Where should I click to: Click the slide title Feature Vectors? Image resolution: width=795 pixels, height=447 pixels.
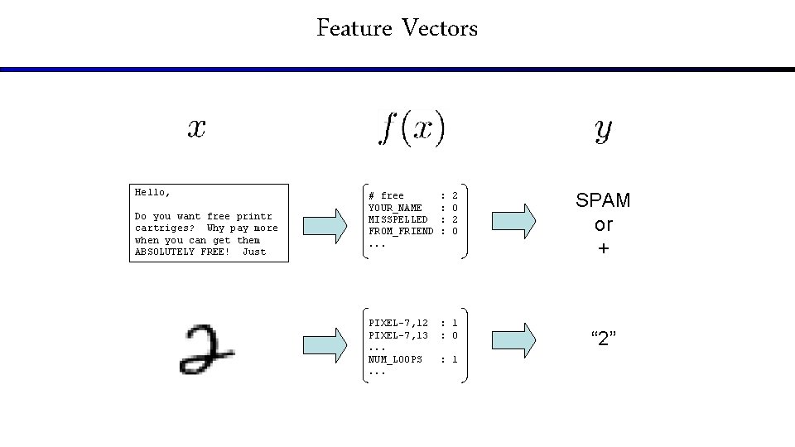397,29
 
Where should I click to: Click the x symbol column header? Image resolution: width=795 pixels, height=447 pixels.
196,128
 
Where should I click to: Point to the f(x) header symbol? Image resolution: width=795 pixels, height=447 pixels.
412,129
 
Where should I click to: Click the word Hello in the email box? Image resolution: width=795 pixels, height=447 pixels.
151,192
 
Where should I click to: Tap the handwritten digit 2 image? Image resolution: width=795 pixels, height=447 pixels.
206,348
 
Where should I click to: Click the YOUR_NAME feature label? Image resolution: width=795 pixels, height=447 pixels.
395,208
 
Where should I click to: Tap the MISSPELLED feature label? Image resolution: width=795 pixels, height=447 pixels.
398,219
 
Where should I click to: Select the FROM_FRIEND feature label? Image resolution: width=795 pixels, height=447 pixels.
401,231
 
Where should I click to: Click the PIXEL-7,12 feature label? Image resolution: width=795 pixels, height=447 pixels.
398,323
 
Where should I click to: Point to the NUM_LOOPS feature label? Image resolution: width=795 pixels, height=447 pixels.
395,359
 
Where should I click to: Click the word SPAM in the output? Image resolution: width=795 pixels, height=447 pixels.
603,200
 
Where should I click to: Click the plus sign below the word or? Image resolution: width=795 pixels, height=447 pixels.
604,248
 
